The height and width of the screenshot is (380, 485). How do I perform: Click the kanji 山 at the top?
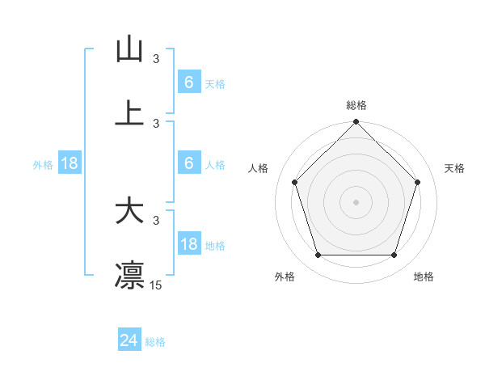tap(129, 50)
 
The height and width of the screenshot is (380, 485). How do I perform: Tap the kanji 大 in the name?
tap(129, 212)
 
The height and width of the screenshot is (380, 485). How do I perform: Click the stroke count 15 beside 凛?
tap(156, 285)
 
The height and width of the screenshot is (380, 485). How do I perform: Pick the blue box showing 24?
tap(129, 340)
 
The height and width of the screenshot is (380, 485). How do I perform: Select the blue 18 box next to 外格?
tap(70, 164)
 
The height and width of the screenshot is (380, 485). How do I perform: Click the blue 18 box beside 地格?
tap(189, 245)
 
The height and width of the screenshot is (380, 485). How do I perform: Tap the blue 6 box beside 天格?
tap(189, 82)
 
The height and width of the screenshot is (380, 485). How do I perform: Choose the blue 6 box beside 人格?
tap(189, 163)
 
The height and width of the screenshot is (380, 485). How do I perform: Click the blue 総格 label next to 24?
tap(155, 342)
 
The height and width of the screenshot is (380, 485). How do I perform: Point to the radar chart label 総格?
tap(356, 106)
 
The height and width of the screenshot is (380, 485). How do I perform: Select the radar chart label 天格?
tap(455, 168)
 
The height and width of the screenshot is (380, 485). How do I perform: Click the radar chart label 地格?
tap(424, 277)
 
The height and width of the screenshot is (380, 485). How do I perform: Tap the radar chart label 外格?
tap(285, 277)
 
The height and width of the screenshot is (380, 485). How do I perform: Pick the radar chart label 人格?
tap(259, 168)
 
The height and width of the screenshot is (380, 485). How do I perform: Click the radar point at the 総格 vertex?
tap(356, 123)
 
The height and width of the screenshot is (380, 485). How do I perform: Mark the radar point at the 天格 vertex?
tap(418, 182)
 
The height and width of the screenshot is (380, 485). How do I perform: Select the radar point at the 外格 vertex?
tap(318, 255)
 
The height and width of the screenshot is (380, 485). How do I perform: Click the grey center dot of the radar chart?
tap(356, 201)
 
